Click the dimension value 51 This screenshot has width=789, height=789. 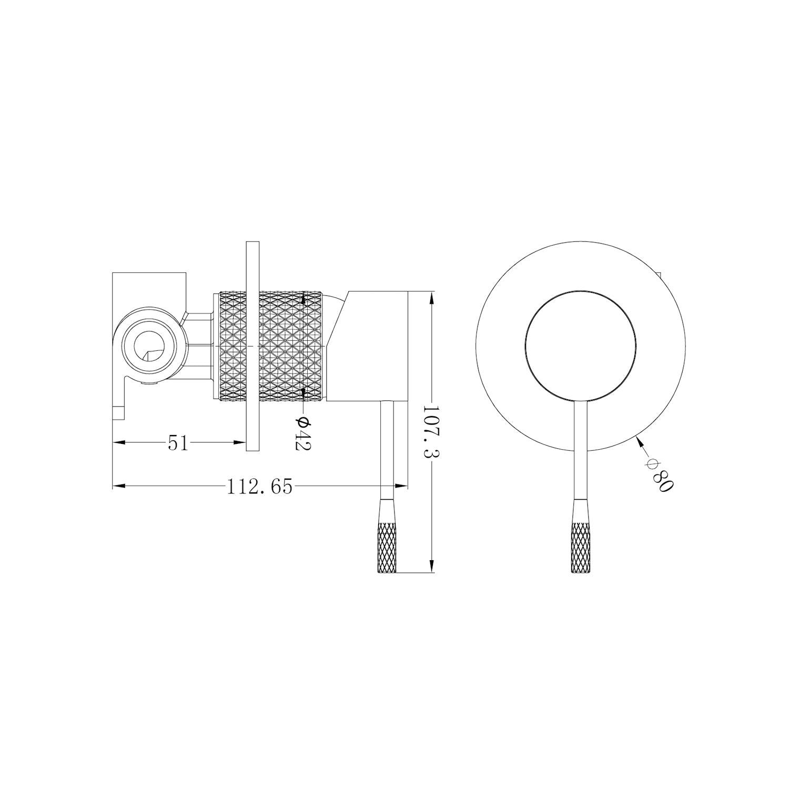click(x=178, y=443)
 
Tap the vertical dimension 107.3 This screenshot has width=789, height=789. click(x=431, y=432)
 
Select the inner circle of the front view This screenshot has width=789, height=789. click(x=580, y=345)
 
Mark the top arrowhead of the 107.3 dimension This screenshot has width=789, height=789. click(x=431, y=296)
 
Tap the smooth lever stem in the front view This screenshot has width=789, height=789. click(x=581, y=452)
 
